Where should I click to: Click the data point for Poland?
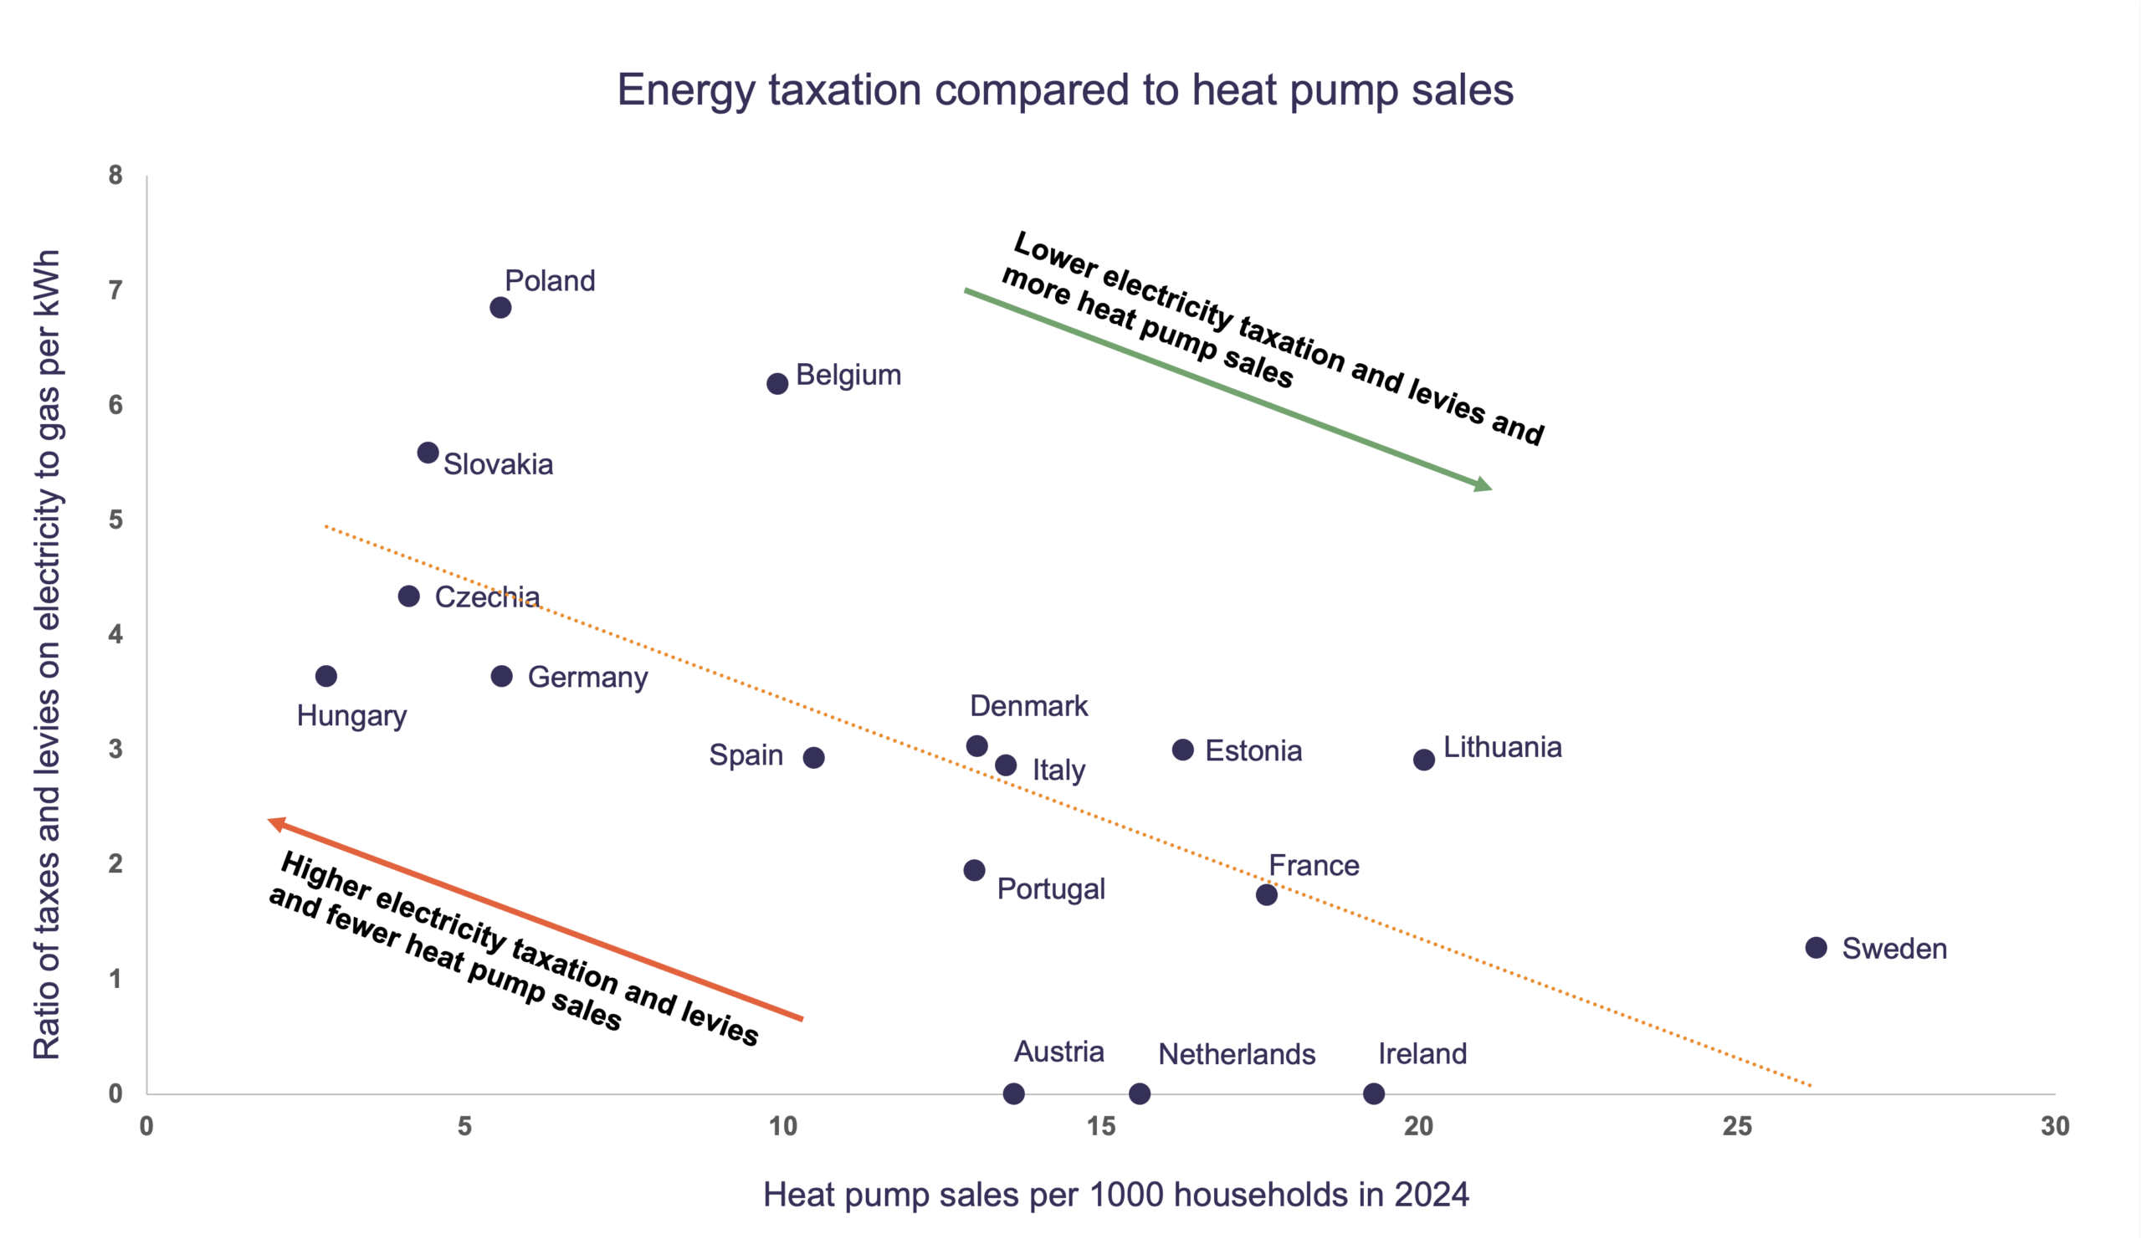point(500,308)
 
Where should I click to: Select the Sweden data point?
point(1816,948)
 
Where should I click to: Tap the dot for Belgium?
point(777,384)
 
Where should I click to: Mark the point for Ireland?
point(1374,1093)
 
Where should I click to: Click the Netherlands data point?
point(1140,1093)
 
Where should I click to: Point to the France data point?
point(1267,895)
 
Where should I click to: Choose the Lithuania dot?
point(1424,760)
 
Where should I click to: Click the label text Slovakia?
point(498,465)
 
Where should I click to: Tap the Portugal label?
point(1051,888)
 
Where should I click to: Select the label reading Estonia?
point(1253,751)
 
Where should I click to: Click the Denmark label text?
point(1028,706)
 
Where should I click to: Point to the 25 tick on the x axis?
point(1736,1127)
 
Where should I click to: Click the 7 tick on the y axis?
point(115,291)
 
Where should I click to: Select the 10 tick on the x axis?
point(783,1127)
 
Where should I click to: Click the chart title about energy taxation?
point(1065,90)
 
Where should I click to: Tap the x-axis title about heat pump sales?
point(1115,1195)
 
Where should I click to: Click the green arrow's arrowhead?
point(1484,485)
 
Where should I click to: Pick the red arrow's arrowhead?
point(276,823)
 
